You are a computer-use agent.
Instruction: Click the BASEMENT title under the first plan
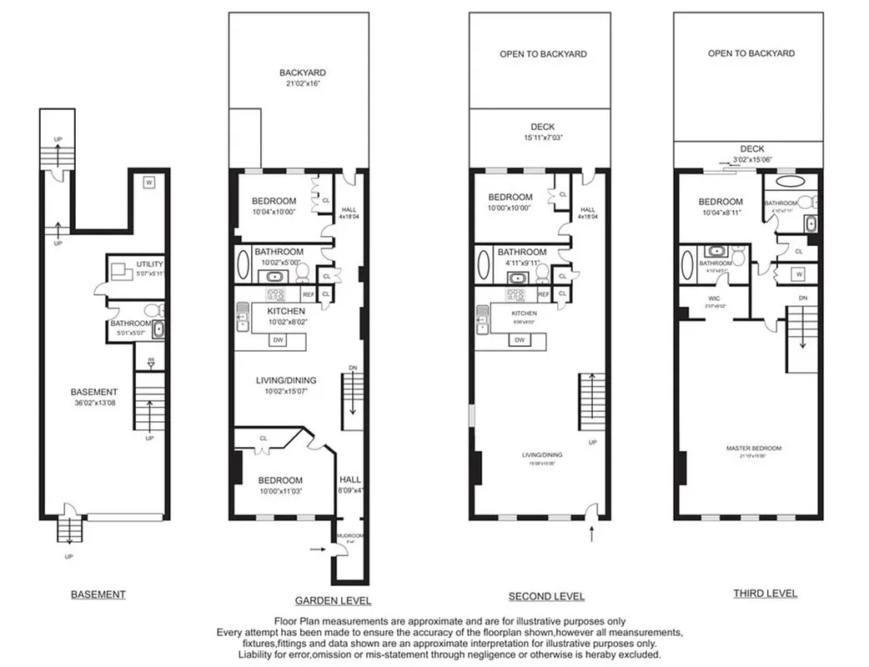tap(98, 594)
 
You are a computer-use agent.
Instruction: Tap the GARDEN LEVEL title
tap(333, 600)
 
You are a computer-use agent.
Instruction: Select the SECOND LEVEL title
tap(546, 596)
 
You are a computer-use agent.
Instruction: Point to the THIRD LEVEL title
tap(765, 594)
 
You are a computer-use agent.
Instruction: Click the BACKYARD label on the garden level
tap(302, 73)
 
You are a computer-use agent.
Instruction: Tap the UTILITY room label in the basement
tap(149, 264)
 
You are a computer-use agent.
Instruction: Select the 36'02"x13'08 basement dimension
tap(93, 404)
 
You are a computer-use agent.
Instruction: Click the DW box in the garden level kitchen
tap(278, 340)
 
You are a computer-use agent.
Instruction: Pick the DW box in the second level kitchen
tap(519, 340)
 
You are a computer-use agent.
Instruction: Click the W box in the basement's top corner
tap(148, 183)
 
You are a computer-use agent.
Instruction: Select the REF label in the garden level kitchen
tap(308, 294)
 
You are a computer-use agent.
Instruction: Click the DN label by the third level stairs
tap(802, 298)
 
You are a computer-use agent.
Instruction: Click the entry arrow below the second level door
tap(591, 531)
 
